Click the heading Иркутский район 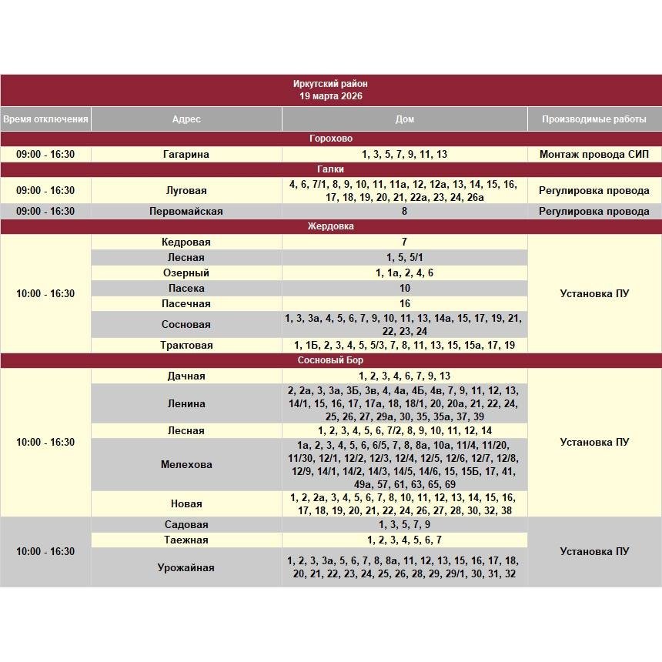[x=330, y=84]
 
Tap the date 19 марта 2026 [x=330, y=96]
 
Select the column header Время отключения [x=45, y=119]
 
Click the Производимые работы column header [x=593, y=119]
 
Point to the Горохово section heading [x=330, y=139]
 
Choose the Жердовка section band [x=330, y=226]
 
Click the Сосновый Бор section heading [x=330, y=360]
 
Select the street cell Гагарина [x=186, y=154]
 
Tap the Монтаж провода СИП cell [x=593, y=154]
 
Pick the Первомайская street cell [x=186, y=211]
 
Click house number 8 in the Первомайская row [x=404, y=211]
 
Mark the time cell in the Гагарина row [x=45, y=154]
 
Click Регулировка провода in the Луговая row [x=593, y=190]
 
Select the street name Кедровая [x=186, y=242]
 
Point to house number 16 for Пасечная [x=404, y=303]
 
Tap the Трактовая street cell [x=186, y=345]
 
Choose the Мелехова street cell [x=186, y=464]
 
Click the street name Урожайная [x=186, y=567]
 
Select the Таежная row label [x=186, y=540]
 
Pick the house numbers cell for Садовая [x=404, y=524]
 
